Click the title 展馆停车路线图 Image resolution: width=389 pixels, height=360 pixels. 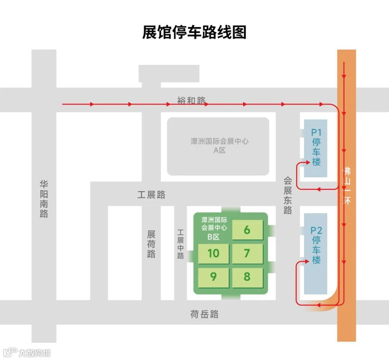194,32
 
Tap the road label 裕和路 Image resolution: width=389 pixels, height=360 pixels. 191,100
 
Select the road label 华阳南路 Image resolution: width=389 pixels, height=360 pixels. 44,199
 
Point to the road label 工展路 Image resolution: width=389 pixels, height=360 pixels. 151,195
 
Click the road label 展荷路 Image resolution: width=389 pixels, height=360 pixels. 151,244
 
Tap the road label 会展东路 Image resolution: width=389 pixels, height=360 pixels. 287,195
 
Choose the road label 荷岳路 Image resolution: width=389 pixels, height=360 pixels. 204,314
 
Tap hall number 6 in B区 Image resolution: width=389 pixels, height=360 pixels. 247,230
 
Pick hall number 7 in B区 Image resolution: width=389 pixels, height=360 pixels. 247,253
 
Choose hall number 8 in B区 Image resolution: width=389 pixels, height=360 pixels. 247,277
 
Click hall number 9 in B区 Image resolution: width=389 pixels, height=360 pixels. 214,277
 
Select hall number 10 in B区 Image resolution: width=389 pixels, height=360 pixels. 214,253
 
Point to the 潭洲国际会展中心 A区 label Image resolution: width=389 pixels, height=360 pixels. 219,146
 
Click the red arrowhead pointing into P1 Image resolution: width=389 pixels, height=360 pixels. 308,162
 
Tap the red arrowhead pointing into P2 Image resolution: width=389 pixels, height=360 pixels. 308,262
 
